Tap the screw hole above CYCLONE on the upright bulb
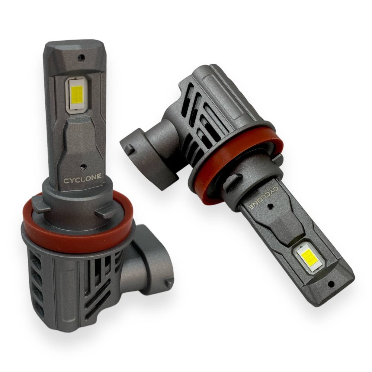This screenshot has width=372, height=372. click(82, 165)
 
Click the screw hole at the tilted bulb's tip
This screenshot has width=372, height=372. click(329, 283)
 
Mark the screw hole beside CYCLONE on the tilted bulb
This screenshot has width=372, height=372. click(269, 206)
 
